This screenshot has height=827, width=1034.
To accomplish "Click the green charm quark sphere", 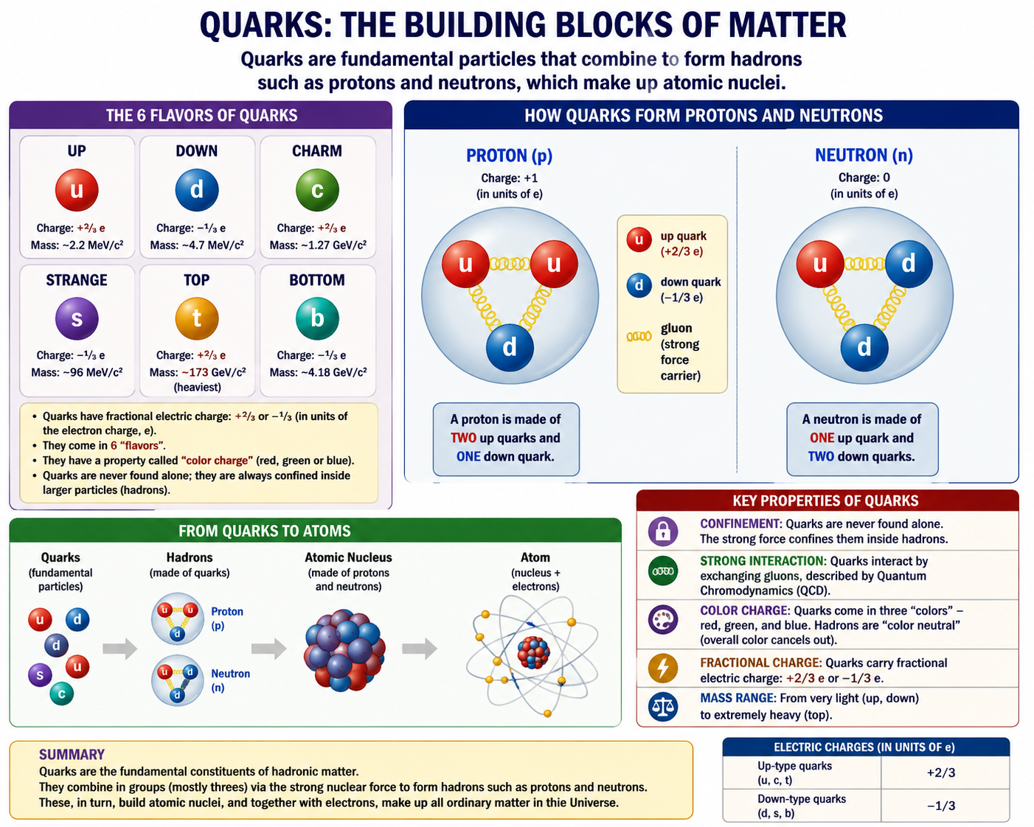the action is click(317, 189).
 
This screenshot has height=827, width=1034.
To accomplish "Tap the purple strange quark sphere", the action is click(77, 318).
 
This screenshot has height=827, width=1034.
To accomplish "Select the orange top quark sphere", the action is click(197, 318).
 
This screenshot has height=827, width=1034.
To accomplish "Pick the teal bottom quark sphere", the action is click(317, 318).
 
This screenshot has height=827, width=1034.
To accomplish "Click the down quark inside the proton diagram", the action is click(510, 347).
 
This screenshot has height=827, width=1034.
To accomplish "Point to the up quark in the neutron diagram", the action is click(819, 264).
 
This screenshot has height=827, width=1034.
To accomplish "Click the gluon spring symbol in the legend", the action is click(639, 336).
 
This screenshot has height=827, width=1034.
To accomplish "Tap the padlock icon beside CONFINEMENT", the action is click(663, 531).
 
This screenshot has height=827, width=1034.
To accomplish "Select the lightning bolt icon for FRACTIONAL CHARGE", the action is click(663, 668).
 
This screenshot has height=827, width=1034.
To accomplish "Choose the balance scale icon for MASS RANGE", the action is click(663, 706).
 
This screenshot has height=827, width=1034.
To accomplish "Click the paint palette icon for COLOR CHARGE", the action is click(663, 620).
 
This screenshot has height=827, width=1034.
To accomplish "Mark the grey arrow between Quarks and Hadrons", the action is click(120, 649).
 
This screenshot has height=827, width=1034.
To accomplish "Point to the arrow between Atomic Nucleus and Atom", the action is click(420, 649).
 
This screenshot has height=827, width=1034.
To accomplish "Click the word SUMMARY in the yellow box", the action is click(72, 755).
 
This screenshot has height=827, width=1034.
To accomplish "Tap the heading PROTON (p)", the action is click(510, 156).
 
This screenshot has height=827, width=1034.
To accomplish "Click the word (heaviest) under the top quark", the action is click(197, 387).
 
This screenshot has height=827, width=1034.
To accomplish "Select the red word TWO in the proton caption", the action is click(463, 438).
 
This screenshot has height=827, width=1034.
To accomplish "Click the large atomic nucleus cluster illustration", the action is click(344, 650).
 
